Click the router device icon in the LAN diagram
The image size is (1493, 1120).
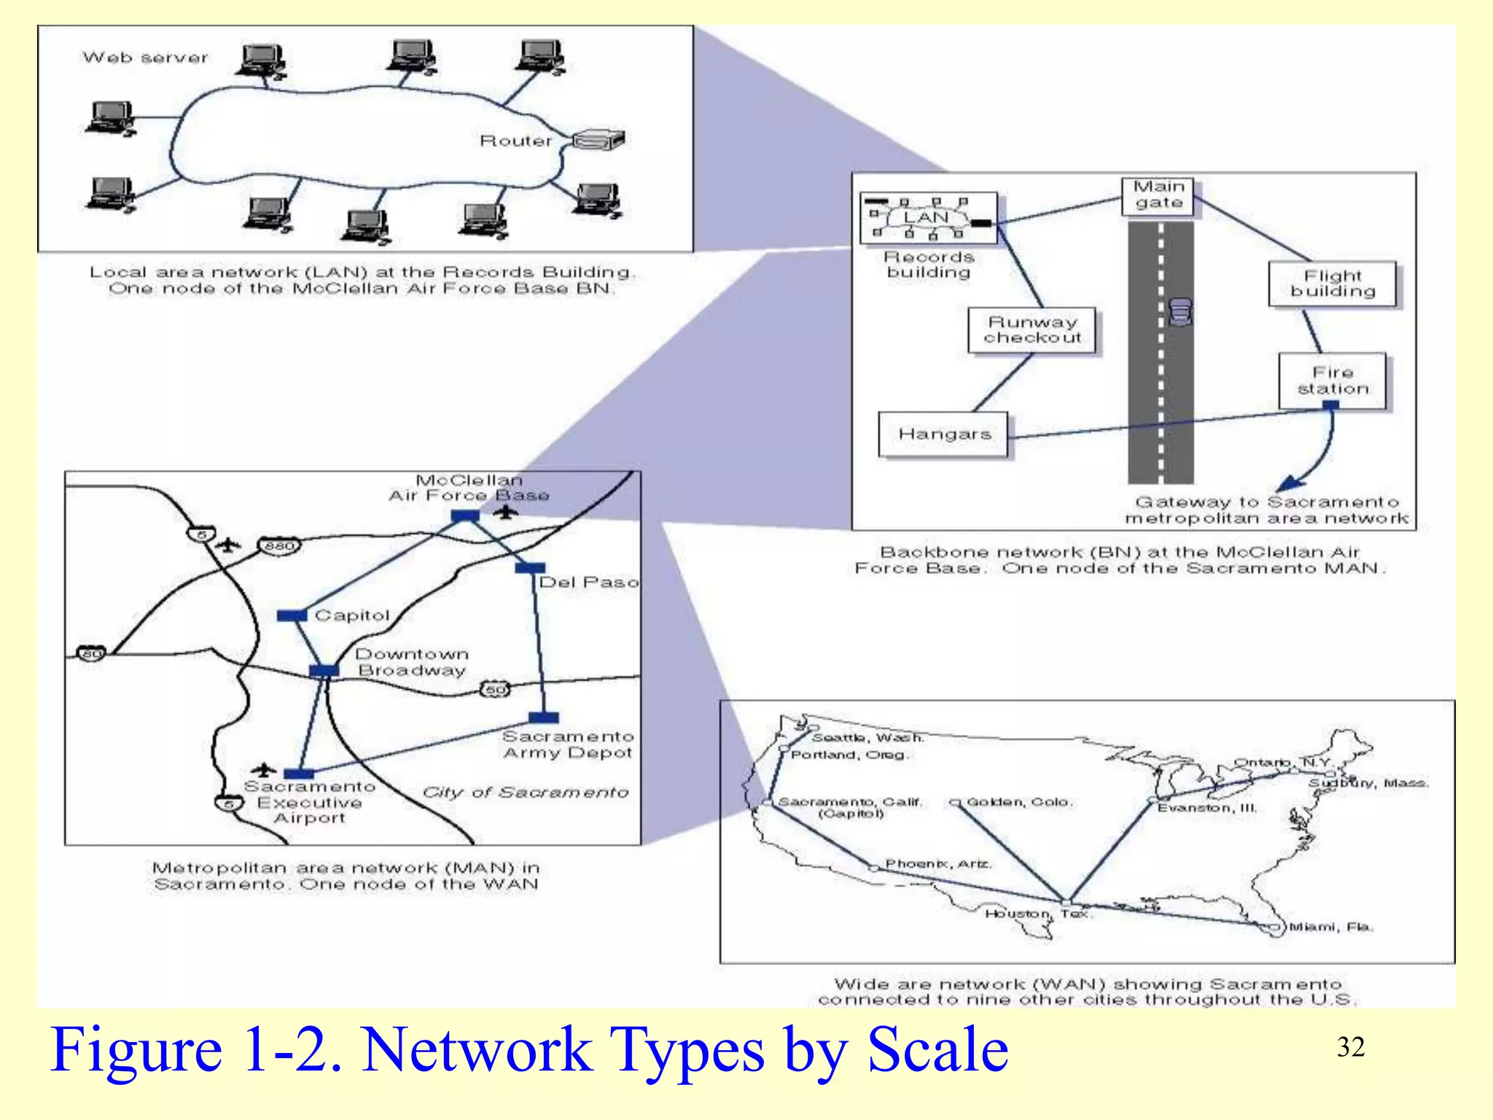point(599,139)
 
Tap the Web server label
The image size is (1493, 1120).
point(145,58)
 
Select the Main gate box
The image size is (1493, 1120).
point(1158,195)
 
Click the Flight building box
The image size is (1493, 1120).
point(1333,284)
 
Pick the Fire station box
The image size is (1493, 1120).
point(1333,381)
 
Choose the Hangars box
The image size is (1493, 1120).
point(944,435)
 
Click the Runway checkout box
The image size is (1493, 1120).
point(1032,330)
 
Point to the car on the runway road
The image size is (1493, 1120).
point(1180,311)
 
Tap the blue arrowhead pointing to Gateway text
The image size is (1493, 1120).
point(1288,483)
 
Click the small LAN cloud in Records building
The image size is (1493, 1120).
point(926,217)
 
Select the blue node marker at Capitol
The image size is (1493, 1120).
point(292,616)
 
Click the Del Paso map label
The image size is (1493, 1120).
point(589,583)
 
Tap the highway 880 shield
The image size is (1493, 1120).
point(278,546)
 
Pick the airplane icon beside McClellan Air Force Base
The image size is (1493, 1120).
point(505,513)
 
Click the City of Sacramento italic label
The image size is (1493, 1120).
point(525,793)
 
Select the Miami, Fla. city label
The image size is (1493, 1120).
point(1331,927)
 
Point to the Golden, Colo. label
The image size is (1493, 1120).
point(1019,802)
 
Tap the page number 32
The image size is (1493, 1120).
point(1350,1047)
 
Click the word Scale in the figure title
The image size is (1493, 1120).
point(937,1050)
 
